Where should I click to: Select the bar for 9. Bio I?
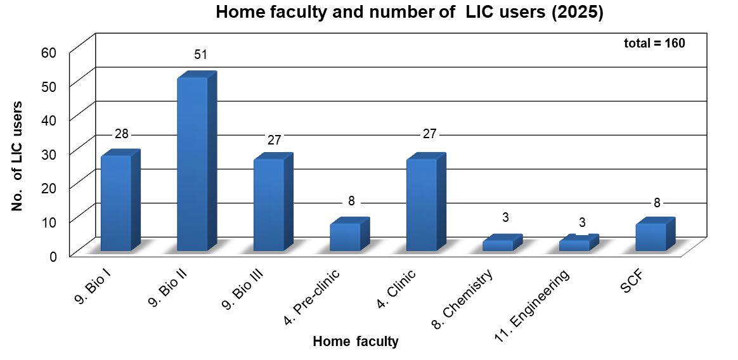(116, 202)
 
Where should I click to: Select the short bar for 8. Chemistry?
(498, 245)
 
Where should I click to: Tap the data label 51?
(201, 55)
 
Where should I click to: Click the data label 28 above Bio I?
(122, 134)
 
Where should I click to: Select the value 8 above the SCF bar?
(657, 203)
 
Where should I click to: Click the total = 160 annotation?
(654, 43)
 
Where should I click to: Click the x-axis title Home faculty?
(356, 342)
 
